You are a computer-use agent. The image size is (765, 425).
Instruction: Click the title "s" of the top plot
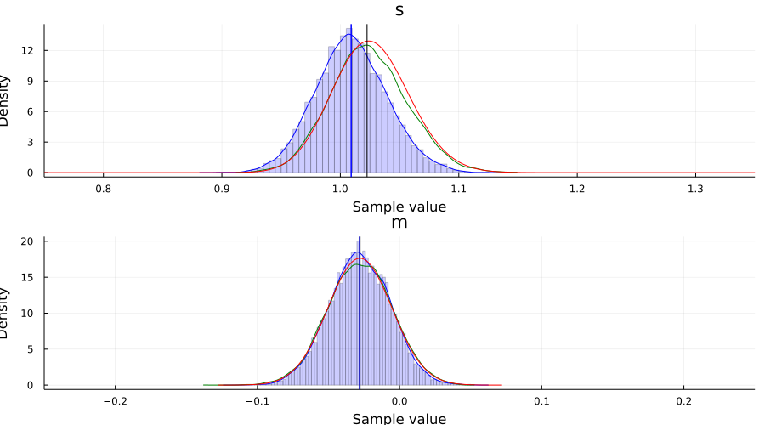pos(399,10)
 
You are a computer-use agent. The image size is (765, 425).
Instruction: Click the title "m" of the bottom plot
pos(399,223)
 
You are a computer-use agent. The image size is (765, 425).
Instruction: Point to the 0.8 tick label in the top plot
pos(103,188)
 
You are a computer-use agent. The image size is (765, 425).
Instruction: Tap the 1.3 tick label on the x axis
pos(695,188)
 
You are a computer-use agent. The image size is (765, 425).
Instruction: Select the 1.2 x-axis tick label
pos(577,188)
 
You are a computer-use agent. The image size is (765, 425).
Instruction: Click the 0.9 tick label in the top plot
pos(221,188)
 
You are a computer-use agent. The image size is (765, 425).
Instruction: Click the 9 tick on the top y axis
pos(30,81)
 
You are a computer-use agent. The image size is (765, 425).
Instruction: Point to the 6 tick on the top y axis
pos(30,111)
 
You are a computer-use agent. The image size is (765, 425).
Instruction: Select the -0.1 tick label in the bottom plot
pos(257,400)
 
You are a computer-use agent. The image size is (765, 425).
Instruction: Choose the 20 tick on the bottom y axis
pos(26,241)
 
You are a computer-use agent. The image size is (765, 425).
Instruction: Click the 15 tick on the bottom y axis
pos(26,277)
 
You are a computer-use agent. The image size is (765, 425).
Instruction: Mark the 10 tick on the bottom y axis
pos(26,313)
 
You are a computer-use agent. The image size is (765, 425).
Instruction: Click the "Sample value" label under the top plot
pos(399,206)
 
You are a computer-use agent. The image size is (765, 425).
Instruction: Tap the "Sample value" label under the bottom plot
pos(399,417)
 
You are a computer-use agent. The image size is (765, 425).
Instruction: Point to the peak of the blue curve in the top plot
pos(348,35)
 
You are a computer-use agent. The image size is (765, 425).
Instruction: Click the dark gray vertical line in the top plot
pos(366,102)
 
